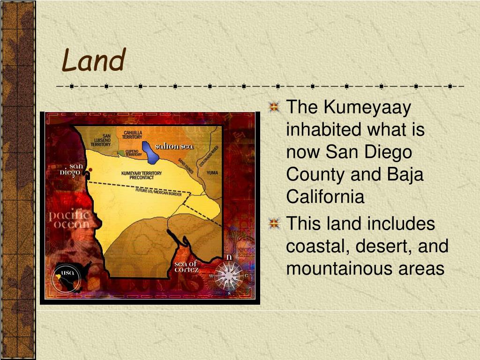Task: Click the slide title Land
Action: pos(94,61)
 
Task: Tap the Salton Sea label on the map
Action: pos(174,146)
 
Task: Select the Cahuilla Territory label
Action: pos(132,135)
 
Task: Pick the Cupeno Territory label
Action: pos(133,153)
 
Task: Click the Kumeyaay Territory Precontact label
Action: pos(141,175)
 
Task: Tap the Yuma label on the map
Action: pos(212,172)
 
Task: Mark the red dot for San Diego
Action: pos(90,170)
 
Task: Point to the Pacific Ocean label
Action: pos(69,219)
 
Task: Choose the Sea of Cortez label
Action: pos(186,267)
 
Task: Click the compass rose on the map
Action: pos(229,275)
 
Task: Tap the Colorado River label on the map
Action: pos(209,157)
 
